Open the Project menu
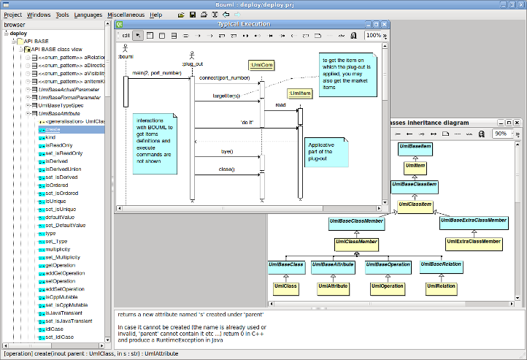coord(13,15)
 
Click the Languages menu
coord(88,15)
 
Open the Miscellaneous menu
coord(126,15)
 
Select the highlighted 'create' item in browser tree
coord(53,129)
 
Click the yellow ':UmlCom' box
coord(261,66)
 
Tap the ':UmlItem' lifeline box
coord(299,93)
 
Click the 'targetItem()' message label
coord(226,96)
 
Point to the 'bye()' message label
coord(226,151)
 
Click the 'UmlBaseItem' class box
coord(415,148)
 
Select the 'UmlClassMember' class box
coord(356,242)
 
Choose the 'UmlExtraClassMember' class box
coord(473,242)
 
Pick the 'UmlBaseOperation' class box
coord(388,264)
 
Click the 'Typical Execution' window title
coord(248,24)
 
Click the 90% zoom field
coord(502,134)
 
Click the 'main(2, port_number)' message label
coord(157,73)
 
